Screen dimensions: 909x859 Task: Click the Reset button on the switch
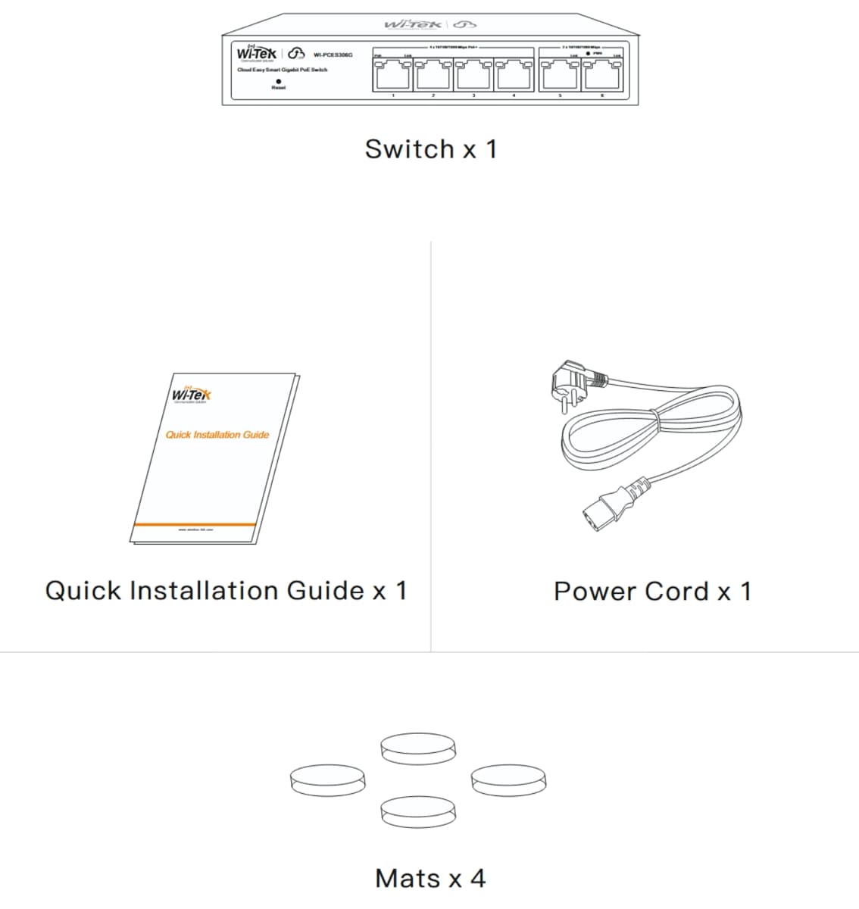click(279, 80)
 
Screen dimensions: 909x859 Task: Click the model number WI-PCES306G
click(333, 55)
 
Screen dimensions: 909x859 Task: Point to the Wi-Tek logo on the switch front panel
click(257, 54)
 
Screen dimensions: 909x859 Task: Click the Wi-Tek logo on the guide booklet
click(192, 395)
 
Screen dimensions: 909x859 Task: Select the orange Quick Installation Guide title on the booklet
click(217, 435)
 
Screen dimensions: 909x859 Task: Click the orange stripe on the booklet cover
click(195, 524)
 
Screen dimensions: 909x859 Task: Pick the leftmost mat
click(328, 780)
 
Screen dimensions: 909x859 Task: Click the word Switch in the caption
click(409, 149)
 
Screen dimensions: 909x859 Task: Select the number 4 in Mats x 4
click(477, 879)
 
